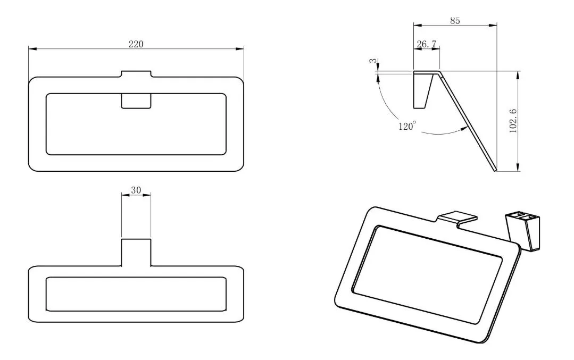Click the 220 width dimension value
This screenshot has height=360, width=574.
point(136,44)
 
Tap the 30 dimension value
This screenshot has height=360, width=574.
point(136,190)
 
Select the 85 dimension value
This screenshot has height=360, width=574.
point(455,21)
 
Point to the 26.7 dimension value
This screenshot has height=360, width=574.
point(427,44)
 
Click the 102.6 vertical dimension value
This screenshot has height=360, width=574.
point(513,121)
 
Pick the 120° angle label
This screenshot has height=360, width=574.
point(407,126)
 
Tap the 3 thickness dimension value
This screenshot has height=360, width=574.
point(373,61)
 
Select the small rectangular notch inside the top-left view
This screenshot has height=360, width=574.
point(136,101)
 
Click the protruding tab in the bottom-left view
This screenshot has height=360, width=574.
point(136,253)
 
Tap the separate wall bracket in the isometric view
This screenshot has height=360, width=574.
point(522,231)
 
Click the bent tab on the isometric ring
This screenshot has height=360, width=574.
point(457,219)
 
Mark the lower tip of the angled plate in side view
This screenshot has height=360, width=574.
point(495,171)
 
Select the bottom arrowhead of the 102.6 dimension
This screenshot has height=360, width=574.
point(518,167)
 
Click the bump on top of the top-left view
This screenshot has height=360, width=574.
point(136,74)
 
